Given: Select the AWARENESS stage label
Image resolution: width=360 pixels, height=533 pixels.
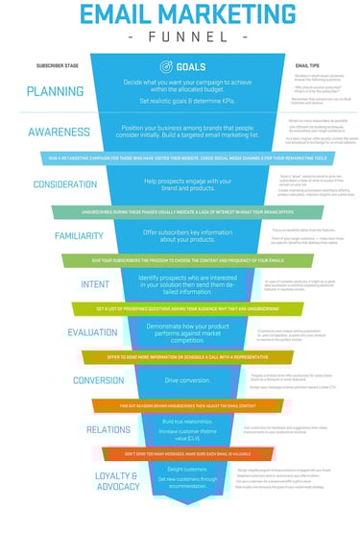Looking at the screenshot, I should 60,132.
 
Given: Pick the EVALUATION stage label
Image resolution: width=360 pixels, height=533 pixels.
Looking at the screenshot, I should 93,332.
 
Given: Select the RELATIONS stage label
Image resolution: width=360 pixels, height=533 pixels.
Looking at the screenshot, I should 108,428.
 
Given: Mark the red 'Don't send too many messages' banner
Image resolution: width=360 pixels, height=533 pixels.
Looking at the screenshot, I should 180,451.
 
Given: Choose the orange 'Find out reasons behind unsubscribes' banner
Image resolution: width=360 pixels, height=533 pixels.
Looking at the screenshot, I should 180,404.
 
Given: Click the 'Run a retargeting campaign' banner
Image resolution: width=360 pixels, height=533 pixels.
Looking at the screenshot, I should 180,156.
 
